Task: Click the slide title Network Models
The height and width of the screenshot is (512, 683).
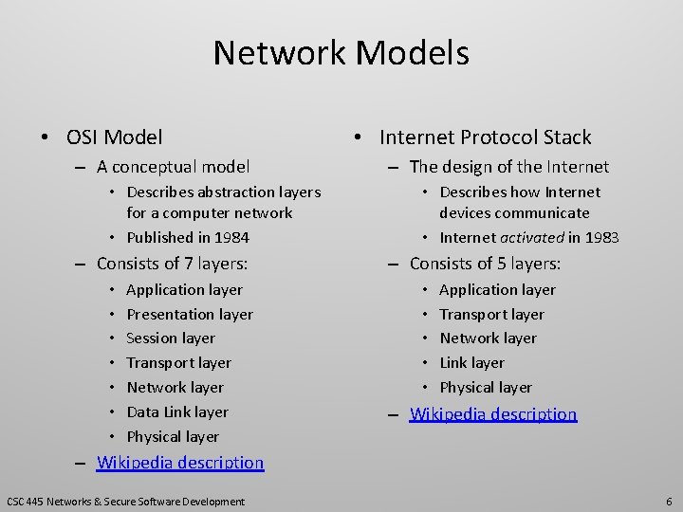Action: [341, 53]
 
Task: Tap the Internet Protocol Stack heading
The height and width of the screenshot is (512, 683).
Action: [485, 137]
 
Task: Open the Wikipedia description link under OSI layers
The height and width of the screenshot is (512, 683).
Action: [181, 463]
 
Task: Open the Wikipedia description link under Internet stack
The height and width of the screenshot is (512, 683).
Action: [493, 414]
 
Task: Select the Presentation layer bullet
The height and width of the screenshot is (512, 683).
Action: [189, 314]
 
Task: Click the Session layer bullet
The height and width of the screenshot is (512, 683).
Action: [170, 338]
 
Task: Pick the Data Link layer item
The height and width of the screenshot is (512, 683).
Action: [176, 411]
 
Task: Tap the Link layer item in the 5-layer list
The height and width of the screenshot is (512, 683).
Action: [471, 362]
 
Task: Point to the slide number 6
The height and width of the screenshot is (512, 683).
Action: [669, 501]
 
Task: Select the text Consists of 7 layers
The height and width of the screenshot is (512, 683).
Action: [172, 264]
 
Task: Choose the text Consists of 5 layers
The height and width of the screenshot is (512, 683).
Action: [485, 264]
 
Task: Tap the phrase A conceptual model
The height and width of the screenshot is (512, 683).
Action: [173, 167]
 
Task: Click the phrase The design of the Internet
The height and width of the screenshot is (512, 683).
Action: [508, 167]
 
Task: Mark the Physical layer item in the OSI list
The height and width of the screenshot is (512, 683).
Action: [172, 436]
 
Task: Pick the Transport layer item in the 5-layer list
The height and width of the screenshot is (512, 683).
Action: [491, 314]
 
